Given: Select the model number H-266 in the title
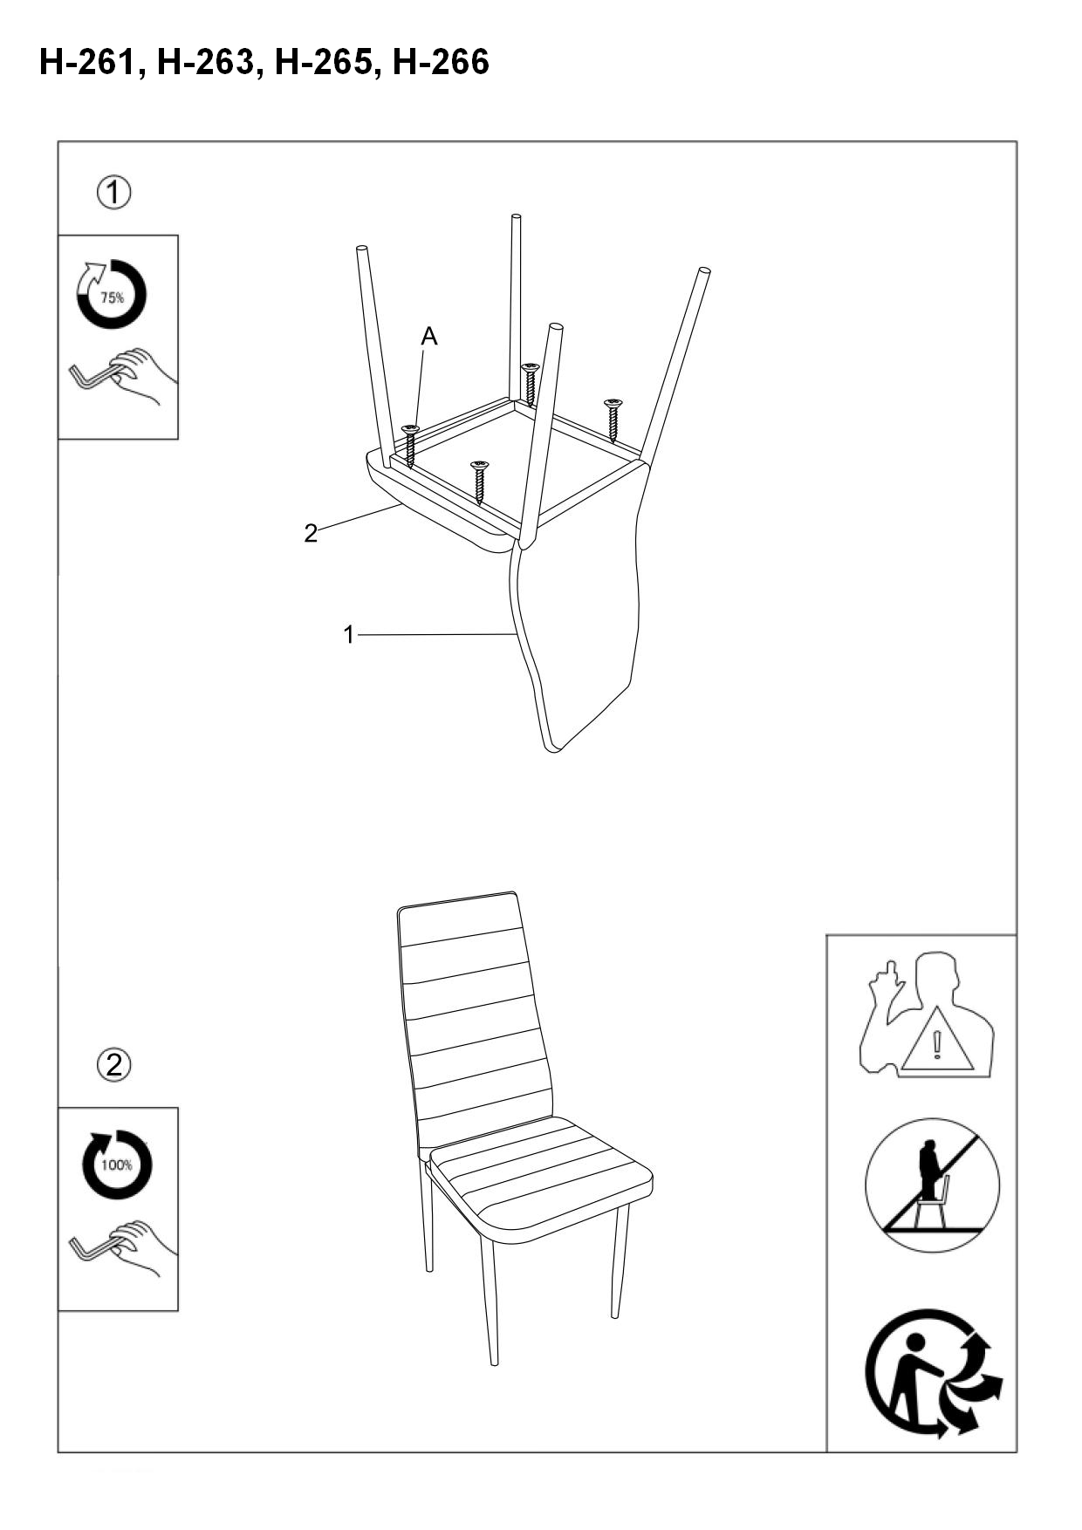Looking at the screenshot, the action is click(x=442, y=63).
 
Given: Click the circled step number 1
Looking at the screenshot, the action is click(x=114, y=192).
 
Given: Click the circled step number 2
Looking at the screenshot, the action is click(x=114, y=1065).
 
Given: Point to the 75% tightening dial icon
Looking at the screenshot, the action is click(x=111, y=294).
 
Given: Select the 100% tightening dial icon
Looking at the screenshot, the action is click(x=116, y=1165).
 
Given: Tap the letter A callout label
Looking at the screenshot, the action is click(x=428, y=336).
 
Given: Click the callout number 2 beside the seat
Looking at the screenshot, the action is click(x=311, y=533).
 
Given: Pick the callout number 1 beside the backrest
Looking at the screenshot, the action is click(x=349, y=635).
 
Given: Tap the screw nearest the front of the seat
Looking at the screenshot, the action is click(x=479, y=482).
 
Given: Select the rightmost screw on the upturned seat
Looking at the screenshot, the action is click(x=613, y=419).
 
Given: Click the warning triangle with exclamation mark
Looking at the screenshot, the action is click(x=937, y=1040).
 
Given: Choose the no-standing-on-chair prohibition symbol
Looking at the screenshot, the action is click(x=932, y=1185).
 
